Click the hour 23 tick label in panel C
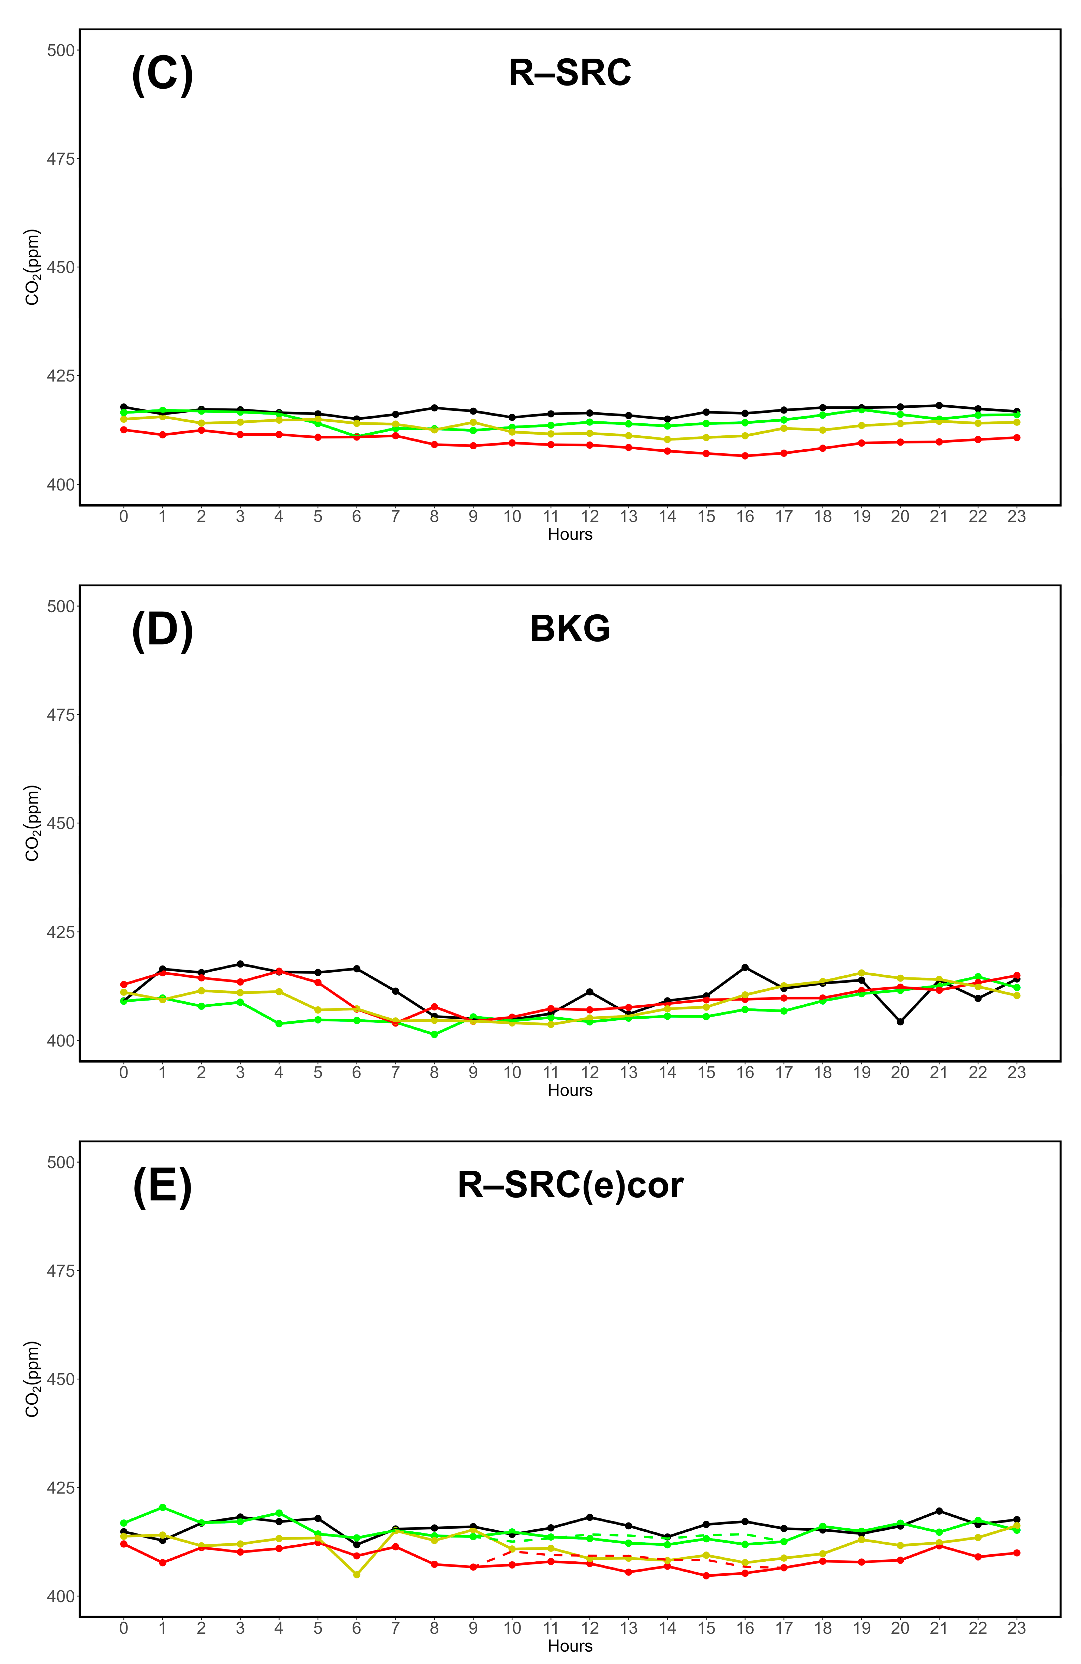[1016, 517]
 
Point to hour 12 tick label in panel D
[589, 1073]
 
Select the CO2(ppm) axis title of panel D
[32, 823]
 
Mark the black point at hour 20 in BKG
[900, 1021]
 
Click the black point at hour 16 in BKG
[745, 967]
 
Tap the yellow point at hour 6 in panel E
[357, 1574]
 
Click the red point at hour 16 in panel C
[745, 456]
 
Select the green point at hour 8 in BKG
[434, 1034]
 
